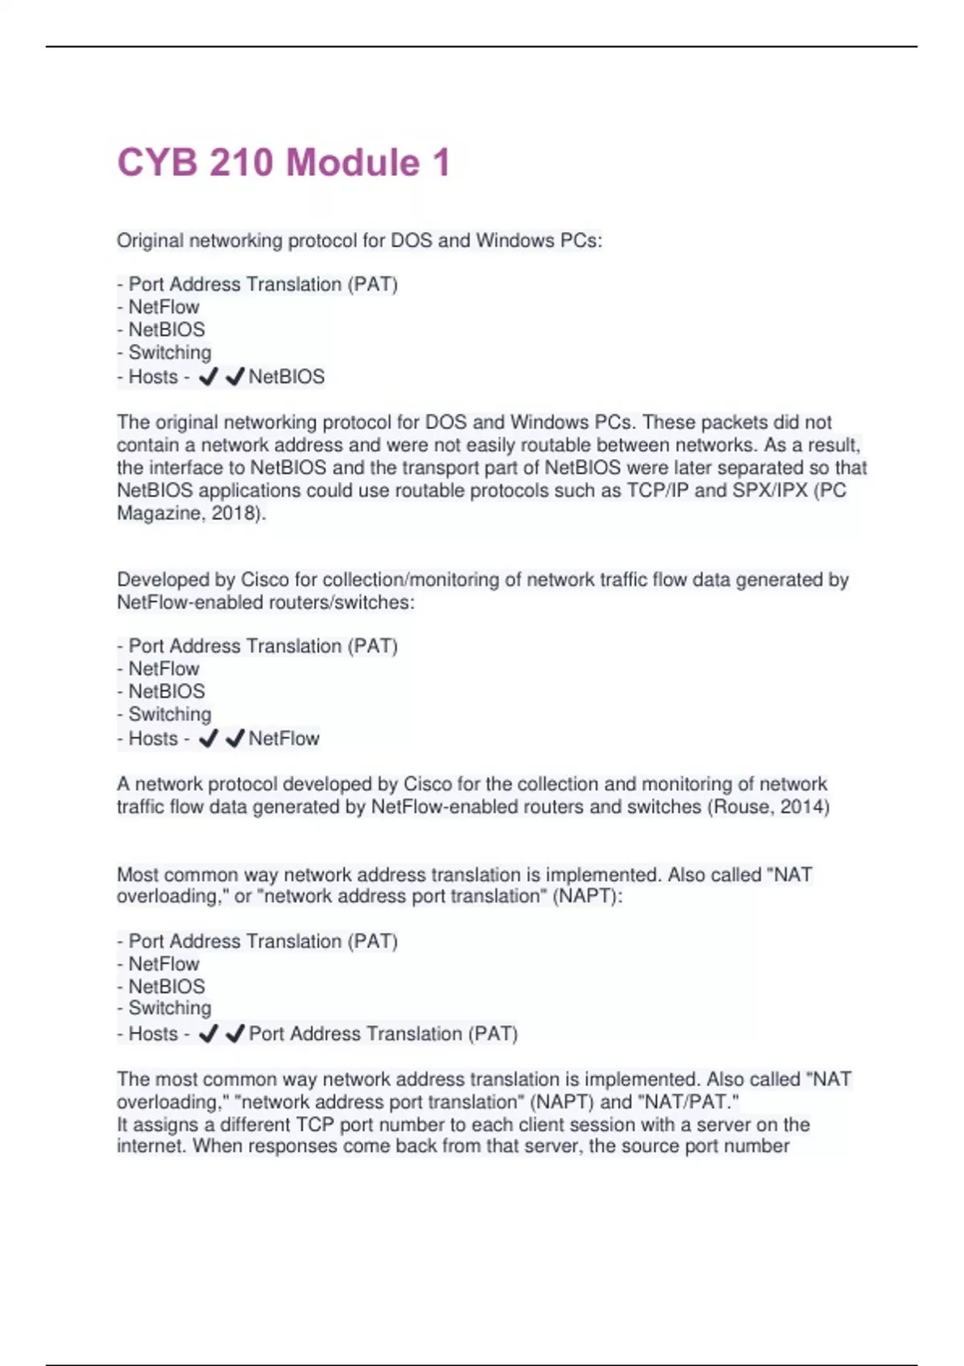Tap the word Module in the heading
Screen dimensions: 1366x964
click(353, 163)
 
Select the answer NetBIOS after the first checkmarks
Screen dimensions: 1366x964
click(287, 377)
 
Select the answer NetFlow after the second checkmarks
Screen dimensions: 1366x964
click(284, 738)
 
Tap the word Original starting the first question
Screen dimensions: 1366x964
click(150, 240)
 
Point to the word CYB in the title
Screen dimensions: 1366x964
click(157, 163)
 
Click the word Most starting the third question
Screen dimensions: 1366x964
click(137, 874)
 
